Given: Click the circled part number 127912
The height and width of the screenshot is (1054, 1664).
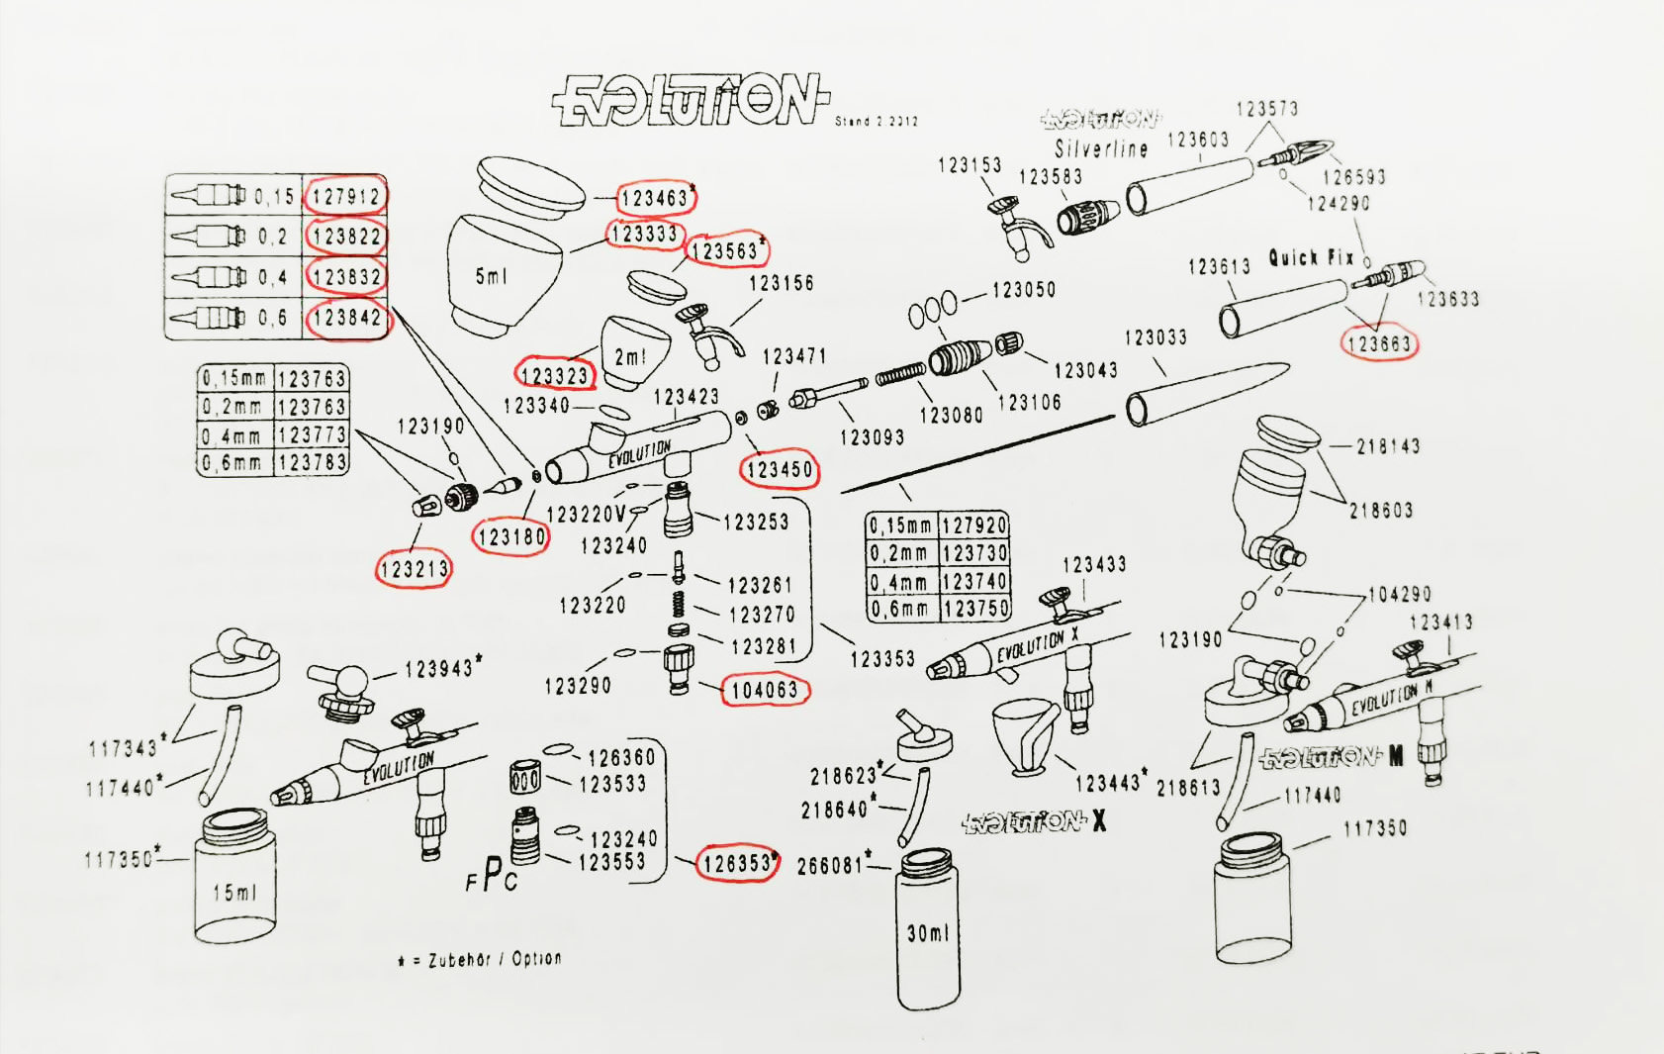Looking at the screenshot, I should (345, 196).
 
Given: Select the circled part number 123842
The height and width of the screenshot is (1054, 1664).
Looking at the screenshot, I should (346, 318).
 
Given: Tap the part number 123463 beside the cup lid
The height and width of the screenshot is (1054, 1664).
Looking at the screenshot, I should (654, 199).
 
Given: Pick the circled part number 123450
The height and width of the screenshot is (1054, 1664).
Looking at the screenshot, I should (780, 470).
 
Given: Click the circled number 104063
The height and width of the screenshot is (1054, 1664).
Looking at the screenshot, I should (765, 690).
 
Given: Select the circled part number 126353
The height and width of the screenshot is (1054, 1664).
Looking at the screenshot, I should (737, 863).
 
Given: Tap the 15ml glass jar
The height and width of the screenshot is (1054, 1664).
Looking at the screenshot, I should (235, 879).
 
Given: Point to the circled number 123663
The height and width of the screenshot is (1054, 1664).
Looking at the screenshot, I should (1379, 343).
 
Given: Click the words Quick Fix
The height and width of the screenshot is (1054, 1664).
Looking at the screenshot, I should (1312, 258).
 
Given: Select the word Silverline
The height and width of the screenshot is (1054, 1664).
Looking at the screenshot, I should (1101, 149).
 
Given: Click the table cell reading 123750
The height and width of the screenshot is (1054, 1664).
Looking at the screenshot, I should (975, 608).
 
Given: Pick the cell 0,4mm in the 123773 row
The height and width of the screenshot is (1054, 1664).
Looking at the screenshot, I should (233, 435).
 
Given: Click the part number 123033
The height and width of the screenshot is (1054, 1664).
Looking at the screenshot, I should (1156, 338).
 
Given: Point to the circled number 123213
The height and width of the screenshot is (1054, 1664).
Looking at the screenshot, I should (415, 569).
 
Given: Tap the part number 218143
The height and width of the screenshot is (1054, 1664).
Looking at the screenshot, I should (1388, 446).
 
